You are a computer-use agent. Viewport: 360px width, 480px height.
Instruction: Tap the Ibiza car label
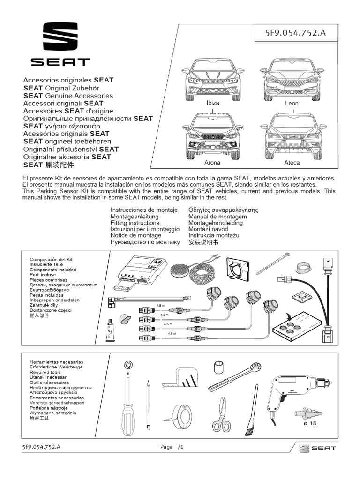212,103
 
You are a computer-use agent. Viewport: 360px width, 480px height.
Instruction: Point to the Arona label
212,163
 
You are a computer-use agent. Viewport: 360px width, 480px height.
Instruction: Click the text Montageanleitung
135,217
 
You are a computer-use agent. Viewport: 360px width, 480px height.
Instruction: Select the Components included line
53,270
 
